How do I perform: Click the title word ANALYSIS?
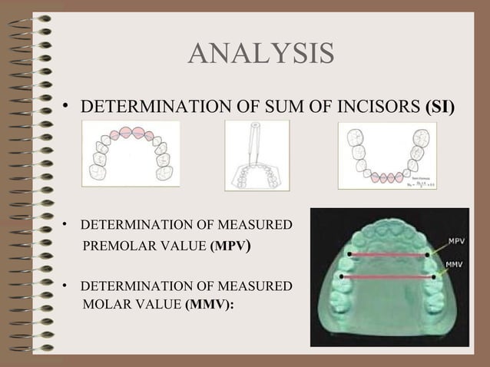pyautogui.click(x=260, y=55)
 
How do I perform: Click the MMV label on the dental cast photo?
pyautogui.click(x=454, y=266)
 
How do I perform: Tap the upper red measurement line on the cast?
pyautogui.click(x=388, y=254)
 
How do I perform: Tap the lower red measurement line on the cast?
pyautogui.click(x=388, y=276)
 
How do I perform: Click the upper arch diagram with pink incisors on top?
pyautogui.click(x=131, y=154)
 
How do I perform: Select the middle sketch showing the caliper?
pyautogui.click(x=257, y=156)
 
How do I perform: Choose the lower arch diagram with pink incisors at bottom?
pyautogui.click(x=387, y=156)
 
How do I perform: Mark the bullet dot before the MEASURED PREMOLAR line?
pyautogui.click(x=67, y=226)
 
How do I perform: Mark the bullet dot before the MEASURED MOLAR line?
pyautogui.click(x=67, y=286)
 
